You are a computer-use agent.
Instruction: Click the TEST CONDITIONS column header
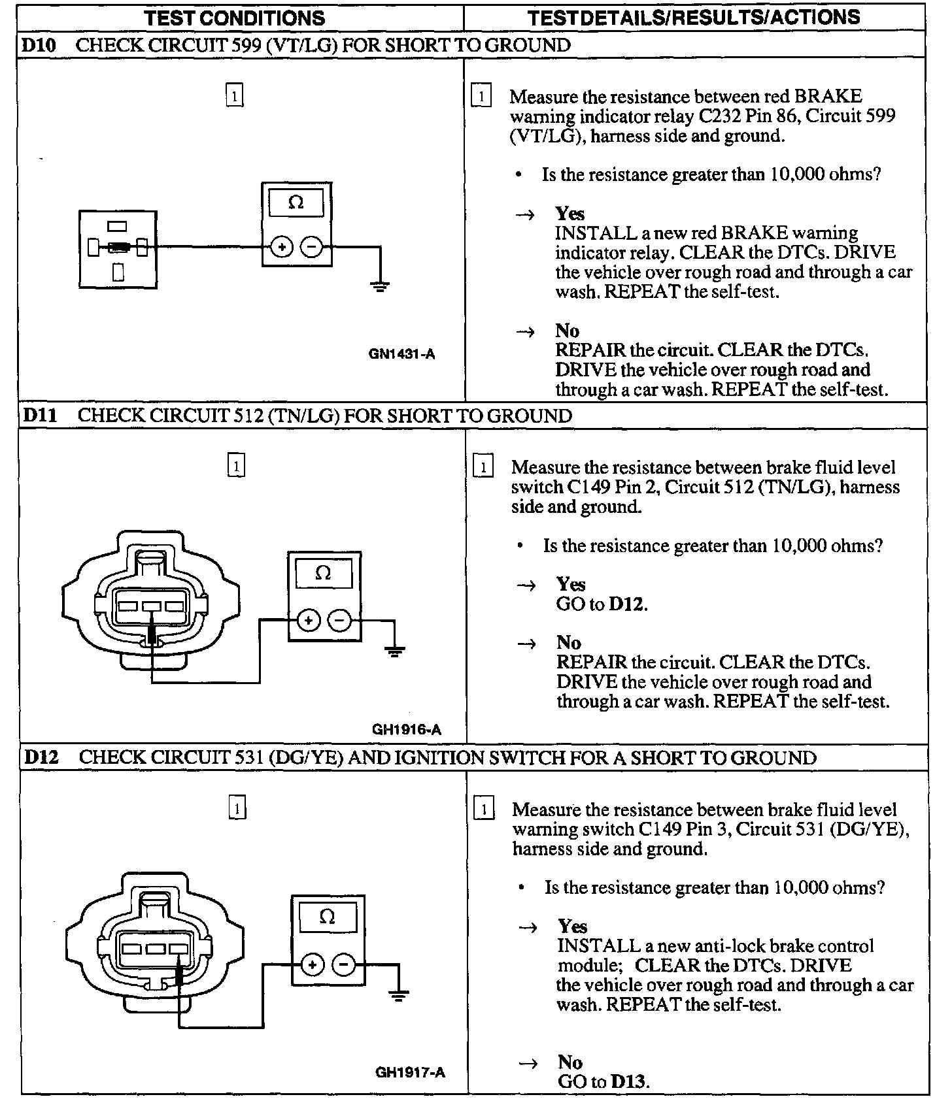(235, 18)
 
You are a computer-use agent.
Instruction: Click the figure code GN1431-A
(401, 354)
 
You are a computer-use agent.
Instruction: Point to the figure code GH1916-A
(406, 729)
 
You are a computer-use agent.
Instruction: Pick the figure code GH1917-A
(410, 1072)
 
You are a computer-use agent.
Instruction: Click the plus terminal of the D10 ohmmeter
(281, 248)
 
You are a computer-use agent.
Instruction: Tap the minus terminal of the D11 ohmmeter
(339, 620)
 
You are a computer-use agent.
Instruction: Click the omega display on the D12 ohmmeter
(327, 917)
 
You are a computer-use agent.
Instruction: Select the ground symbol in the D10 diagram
(380, 286)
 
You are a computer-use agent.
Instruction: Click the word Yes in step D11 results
(571, 583)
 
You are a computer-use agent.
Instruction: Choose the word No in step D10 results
(568, 331)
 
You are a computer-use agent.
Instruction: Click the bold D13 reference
(628, 1081)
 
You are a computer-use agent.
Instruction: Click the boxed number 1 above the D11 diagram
(236, 467)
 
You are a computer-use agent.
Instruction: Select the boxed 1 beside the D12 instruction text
(483, 810)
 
